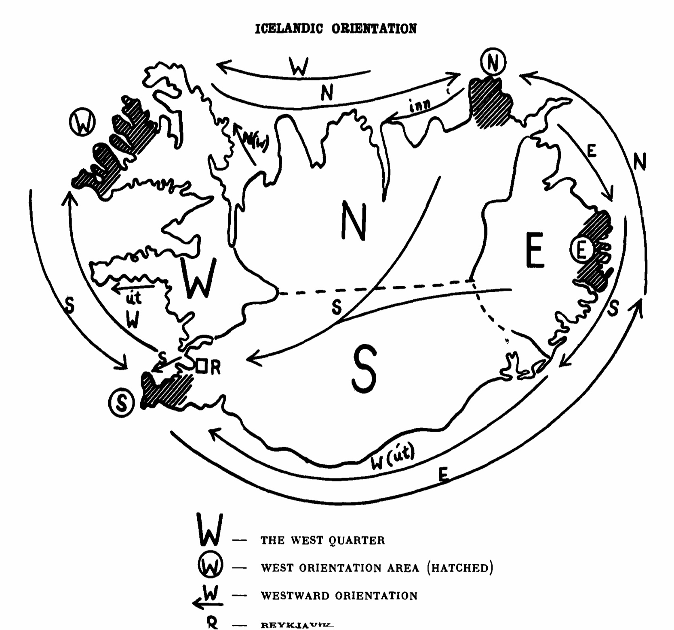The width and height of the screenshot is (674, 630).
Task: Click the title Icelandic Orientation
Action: point(335,29)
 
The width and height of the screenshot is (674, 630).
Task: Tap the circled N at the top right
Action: point(493,62)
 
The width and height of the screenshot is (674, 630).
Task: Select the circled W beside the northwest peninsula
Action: point(82,122)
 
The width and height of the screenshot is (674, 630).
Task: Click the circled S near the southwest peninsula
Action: point(121,403)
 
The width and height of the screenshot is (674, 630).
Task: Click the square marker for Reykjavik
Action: point(201,366)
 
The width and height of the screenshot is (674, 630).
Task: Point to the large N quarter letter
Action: point(354,222)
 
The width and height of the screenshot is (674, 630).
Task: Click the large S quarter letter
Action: point(364,370)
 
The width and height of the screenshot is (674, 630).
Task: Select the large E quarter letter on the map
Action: point(534,251)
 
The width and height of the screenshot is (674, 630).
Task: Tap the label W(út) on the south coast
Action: point(393,457)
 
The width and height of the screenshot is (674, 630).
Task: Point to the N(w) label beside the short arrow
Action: point(255,141)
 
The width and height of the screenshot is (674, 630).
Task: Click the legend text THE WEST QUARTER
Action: point(322,540)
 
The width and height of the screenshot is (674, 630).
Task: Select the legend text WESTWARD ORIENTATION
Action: point(339,596)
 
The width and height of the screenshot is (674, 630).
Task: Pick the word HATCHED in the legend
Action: point(460,568)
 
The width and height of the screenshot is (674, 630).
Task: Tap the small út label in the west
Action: point(134,298)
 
